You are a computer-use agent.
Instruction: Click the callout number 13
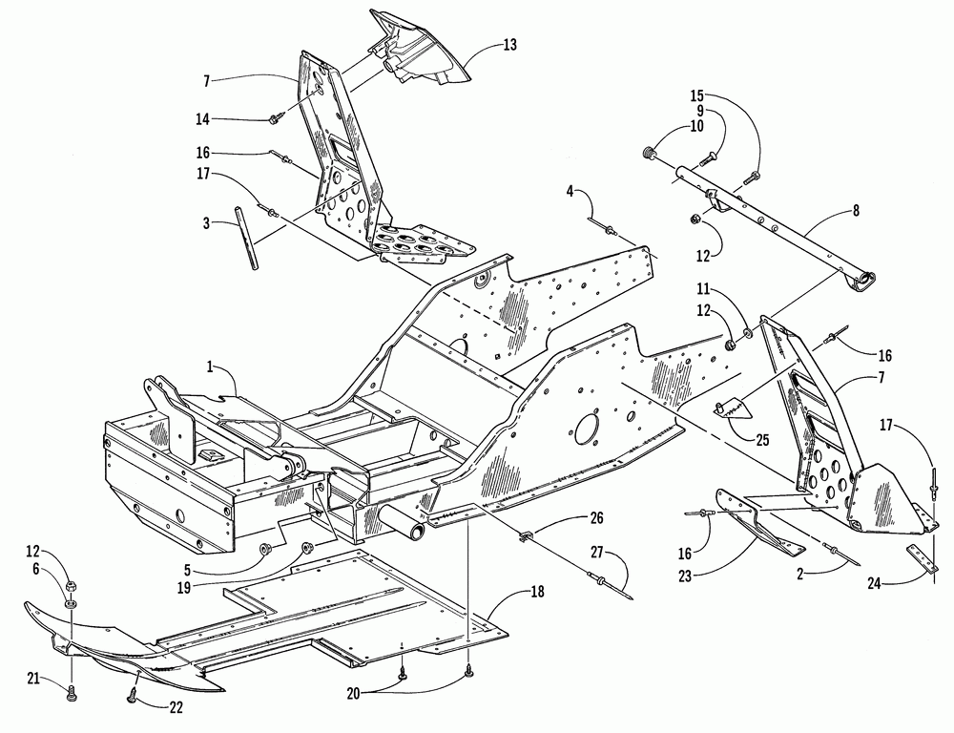(x=509, y=45)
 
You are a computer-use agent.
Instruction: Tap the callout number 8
(x=856, y=211)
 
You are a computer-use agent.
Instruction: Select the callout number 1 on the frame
(x=210, y=366)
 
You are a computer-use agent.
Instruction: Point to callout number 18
(x=536, y=590)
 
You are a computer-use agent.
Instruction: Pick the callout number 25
(x=761, y=440)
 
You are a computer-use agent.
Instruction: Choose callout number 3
(x=207, y=223)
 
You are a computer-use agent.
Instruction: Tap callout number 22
(x=175, y=707)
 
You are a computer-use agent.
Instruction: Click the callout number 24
(x=874, y=583)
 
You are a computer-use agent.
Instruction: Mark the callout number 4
(x=570, y=191)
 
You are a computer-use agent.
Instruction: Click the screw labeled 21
(x=72, y=692)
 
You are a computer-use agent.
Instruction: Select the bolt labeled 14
(x=273, y=118)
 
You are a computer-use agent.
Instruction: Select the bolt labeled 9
(x=709, y=159)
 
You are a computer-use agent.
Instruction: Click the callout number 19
(x=184, y=588)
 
